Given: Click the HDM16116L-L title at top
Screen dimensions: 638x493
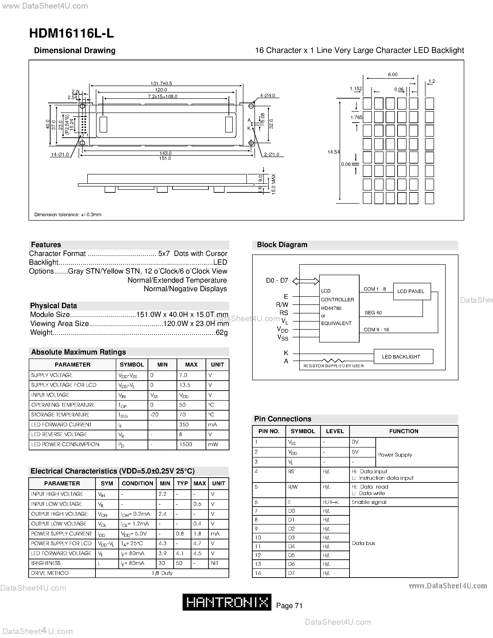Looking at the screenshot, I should (x=71, y=34).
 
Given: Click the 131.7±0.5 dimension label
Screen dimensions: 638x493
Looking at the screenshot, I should (x=161, y=84).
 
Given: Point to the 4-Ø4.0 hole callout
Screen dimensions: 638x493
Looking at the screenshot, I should (x=267, y=96).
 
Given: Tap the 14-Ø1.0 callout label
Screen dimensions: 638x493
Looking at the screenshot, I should (x=60, y=155).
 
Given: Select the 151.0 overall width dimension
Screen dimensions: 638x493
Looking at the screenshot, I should (x=165, y=158).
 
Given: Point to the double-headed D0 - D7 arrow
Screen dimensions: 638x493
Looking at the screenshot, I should (x=306, y=281).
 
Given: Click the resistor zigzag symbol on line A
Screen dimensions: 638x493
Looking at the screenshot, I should (x=333, y=361).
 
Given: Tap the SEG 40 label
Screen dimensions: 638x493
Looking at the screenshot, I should (x=373, y=313).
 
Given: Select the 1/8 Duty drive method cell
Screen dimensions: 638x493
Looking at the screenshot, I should (x=162, y=573).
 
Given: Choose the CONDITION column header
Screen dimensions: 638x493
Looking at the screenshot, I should (x=137, y=483).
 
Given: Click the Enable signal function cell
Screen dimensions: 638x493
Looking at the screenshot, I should (x=369, y=502).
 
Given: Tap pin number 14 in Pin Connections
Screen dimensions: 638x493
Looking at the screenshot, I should (x=258, y=573).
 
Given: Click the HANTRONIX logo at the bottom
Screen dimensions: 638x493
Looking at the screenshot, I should (x=227, y=602).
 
